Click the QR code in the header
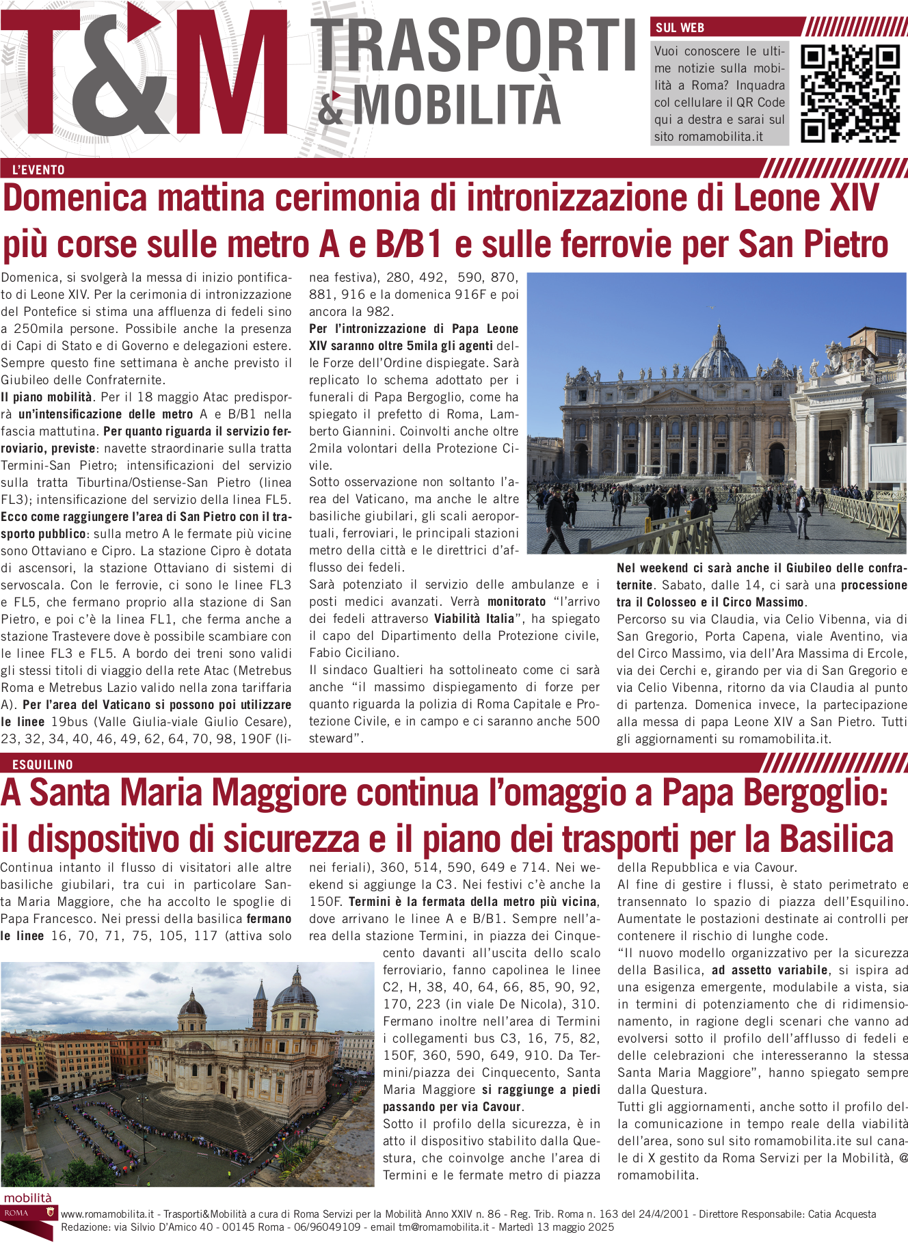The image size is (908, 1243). coord(850,94)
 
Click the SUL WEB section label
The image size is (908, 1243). coord(680,28)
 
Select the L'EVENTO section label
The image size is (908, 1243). coord(38,170)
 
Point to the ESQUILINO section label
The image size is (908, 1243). coord(42,764)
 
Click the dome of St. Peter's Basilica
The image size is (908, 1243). coord(719,356)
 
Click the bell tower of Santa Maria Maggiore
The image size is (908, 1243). coord(260,1005)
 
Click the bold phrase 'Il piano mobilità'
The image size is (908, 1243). coord(46,397)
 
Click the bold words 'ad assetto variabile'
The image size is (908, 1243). coord(769,970)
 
